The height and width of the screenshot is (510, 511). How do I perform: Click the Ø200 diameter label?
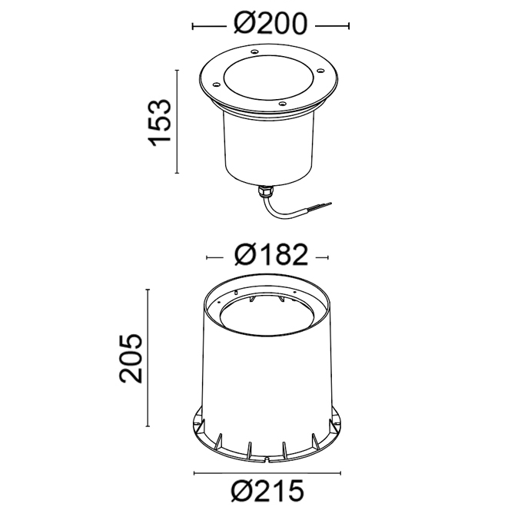click(x=270, y=24)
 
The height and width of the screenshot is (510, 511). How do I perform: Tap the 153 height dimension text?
click(x=160, y=123)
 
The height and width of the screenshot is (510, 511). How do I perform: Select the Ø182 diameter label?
click(x=270, y=255)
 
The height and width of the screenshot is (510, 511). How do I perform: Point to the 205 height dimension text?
click(x=131, y=358)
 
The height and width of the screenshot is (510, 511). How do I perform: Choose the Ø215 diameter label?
click(x=267, y=491)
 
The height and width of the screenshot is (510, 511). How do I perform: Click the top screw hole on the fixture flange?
click(x=254, y=51)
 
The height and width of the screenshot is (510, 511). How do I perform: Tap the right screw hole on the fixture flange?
click(x=320, y=71)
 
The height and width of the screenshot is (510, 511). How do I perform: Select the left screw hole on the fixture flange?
click(x=216, y=85)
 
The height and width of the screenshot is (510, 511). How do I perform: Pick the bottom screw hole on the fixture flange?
click(x=282, y=104)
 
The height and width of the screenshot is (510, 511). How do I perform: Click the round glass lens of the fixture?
click(x=268, y=78)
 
